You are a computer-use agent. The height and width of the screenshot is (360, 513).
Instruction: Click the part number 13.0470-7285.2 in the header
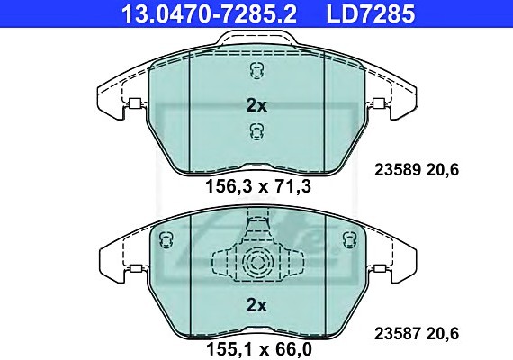coord(209,13)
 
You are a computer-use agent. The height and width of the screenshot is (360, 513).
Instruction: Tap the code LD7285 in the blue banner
coord(371,13)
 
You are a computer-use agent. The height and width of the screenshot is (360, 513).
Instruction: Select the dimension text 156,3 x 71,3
coord(258,186)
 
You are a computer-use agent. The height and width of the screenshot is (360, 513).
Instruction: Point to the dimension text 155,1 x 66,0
coord(259,349)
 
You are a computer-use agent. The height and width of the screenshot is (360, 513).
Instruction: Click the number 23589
coord(398,170)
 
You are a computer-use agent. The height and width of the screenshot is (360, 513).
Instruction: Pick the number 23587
coord(398,334)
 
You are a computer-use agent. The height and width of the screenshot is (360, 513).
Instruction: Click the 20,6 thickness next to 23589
coord(442,170)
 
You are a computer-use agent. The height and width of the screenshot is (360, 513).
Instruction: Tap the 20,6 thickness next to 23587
coord(442,334)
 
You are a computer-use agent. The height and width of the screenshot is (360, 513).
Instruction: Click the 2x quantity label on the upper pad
coord(256,105)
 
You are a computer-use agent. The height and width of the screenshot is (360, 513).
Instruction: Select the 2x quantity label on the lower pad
coord(256,305)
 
